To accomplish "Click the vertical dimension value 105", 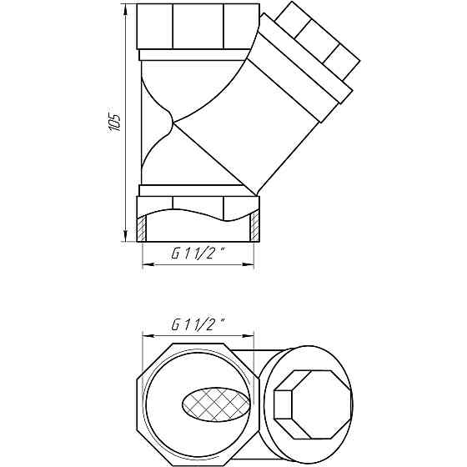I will pyautogui.click(x=116, y=122).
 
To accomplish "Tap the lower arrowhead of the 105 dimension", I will pyautogui.click(x=127, y=236).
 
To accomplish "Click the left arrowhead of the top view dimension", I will pyautogui.click(x=148, y=336).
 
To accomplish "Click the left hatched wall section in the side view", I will pyautogui.click(x=142, y=228).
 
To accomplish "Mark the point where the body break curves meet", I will pyautogui.click(x=172, y=125).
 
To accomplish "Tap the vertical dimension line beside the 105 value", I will pyautogui.click(x=127, y=167).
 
